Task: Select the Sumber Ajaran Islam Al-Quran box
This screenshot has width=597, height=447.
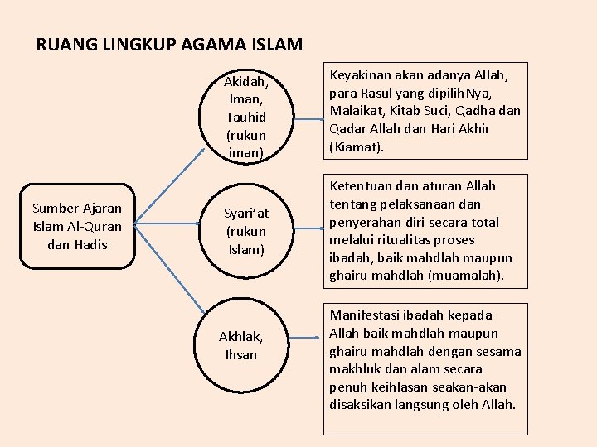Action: [77, 226]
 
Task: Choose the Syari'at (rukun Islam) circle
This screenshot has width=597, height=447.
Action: [245, 231]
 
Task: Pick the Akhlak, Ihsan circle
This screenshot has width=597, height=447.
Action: [240, 345]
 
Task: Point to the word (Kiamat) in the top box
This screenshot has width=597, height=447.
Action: [357, 147]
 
